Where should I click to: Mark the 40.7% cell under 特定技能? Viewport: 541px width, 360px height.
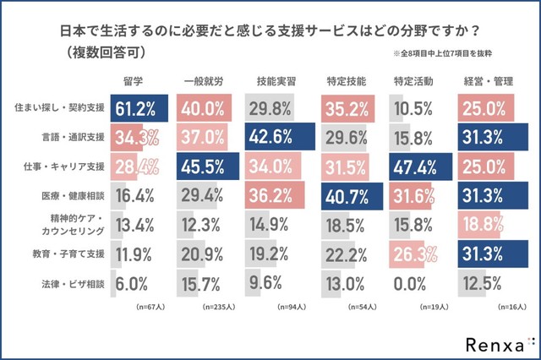click(347, 195)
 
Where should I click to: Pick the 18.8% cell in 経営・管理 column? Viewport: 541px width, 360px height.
click(484, 226)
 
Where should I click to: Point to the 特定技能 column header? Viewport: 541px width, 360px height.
click(346, 81)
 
